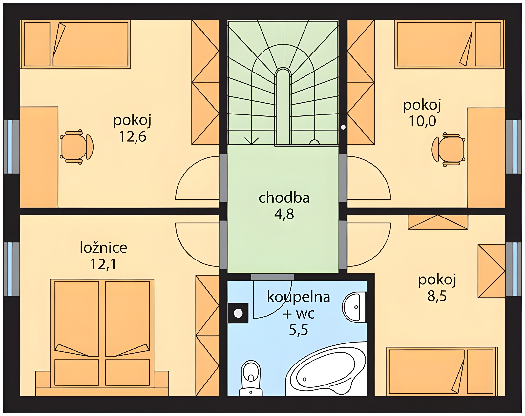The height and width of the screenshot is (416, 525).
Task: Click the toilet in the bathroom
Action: pyautogui.click(x=251, y=378)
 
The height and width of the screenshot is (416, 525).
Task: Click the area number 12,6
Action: pyautogui.click(x=133, y=137)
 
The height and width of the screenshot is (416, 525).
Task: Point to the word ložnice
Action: pyautogui.click(x=104, y=247)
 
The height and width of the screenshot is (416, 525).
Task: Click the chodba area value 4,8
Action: pyautogui.click(x=284, y=215)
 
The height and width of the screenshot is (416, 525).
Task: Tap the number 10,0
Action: pyautogui.click(x=422, y=121)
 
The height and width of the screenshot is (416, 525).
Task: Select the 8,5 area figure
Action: pyautogui.click(x=437, y=296)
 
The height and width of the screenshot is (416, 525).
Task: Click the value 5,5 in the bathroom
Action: pyautogui.click(x=299, y=330)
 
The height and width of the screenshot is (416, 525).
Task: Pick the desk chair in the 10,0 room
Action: pyautogui.click(x=449, y=150)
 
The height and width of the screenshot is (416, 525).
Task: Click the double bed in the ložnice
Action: pyautogui.click(x=102, y=333)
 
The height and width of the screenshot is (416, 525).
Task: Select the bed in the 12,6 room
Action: pyautogui.click(x=75, y=44)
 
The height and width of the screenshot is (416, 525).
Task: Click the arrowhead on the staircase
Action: pyautogui.click(x=252, y=141)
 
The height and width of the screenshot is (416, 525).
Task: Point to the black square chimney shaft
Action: pyautogui.click(x=238, y=313)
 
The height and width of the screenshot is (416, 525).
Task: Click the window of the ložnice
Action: pyautogui.click(x=11, y=269)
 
